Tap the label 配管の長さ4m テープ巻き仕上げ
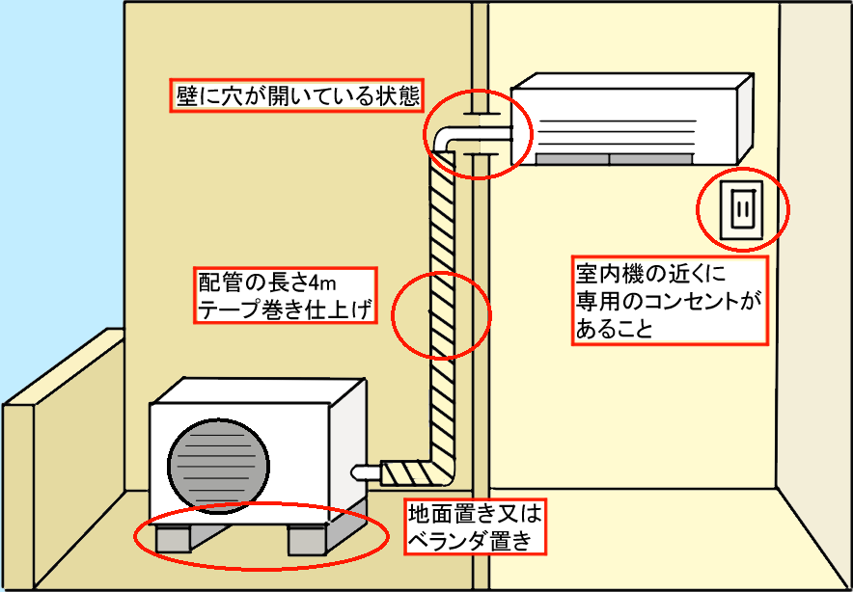(x=284, y=295)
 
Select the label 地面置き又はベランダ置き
(x=470, y=525)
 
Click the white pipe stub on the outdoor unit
(x=368, y=472)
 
